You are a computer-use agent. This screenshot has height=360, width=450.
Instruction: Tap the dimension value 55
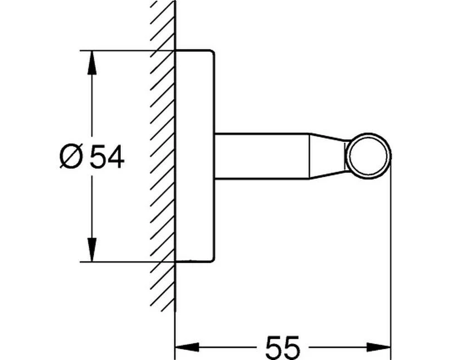[282, 345]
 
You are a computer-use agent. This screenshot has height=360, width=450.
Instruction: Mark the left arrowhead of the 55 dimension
[184, 346]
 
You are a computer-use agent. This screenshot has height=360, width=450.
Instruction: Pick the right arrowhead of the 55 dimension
[383, 346]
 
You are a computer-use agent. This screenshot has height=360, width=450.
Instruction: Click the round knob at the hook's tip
[368, 155]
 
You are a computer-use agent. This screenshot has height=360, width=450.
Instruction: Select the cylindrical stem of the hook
[262, 156]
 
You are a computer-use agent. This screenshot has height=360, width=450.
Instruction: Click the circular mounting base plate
[194, 156]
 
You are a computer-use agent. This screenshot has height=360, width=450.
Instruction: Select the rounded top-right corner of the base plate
[211, 53]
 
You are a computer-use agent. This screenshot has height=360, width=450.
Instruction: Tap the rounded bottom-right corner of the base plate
[211, 259]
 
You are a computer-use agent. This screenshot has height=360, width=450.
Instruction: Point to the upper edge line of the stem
[262, 134]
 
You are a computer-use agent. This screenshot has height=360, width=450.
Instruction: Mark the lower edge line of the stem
[262, 178]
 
